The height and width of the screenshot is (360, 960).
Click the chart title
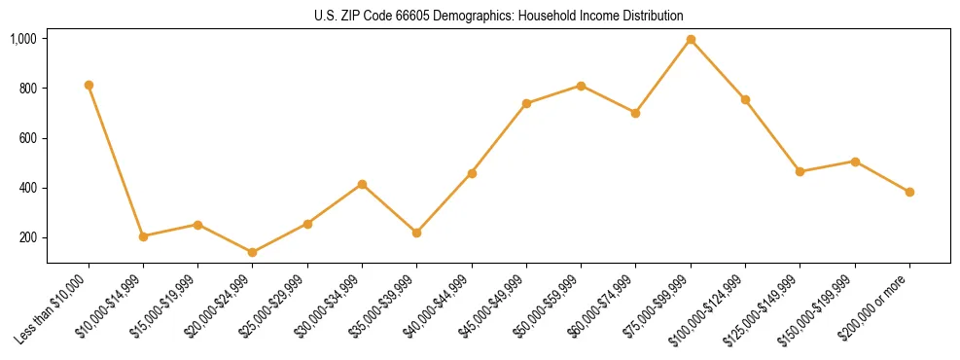tap(498, 16)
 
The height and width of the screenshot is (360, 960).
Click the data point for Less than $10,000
tap(89, 85)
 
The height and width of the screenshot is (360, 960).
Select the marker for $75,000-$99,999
tap(691, 39)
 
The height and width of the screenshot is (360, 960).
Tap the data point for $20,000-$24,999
tap(253, 252)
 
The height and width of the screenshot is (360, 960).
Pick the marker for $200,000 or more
tap(909, 192)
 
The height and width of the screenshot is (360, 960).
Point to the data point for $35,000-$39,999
tap(416, 233)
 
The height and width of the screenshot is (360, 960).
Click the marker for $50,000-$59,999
tap(581, 86)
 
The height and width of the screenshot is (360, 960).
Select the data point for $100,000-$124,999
tap(745, 99)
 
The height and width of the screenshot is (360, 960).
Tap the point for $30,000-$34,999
tap(362, 184)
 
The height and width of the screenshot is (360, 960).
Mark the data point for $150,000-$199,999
tap(855, 162)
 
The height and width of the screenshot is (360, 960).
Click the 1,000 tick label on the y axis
tap(23, 39)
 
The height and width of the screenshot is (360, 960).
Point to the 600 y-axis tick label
tap(28, 138)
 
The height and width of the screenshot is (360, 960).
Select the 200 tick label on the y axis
tap(28, 237)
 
